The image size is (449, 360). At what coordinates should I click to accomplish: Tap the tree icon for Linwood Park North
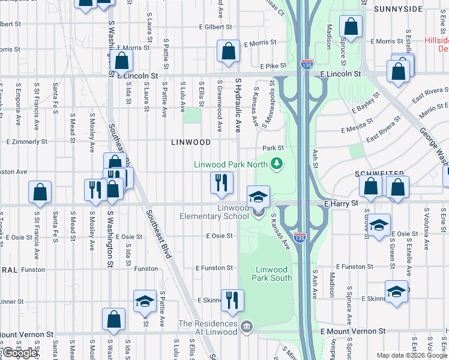pyautogui.click(x=277, y=163)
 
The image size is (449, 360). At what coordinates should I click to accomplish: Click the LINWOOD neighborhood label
pyautogui.click(x=191, y=142)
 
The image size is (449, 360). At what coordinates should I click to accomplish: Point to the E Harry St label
pyautogui.click(x=341, y=203)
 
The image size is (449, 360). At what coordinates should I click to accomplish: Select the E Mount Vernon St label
pyautogui.click(x=352, y=331)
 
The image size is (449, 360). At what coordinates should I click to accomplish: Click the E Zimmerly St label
pyautogui.click(x=26, y=142)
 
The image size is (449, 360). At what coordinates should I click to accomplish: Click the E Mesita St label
pyautogui.click(x=357, y=129)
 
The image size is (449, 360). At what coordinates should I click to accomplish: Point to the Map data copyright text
pyautogui.click(x=412, y=355)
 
